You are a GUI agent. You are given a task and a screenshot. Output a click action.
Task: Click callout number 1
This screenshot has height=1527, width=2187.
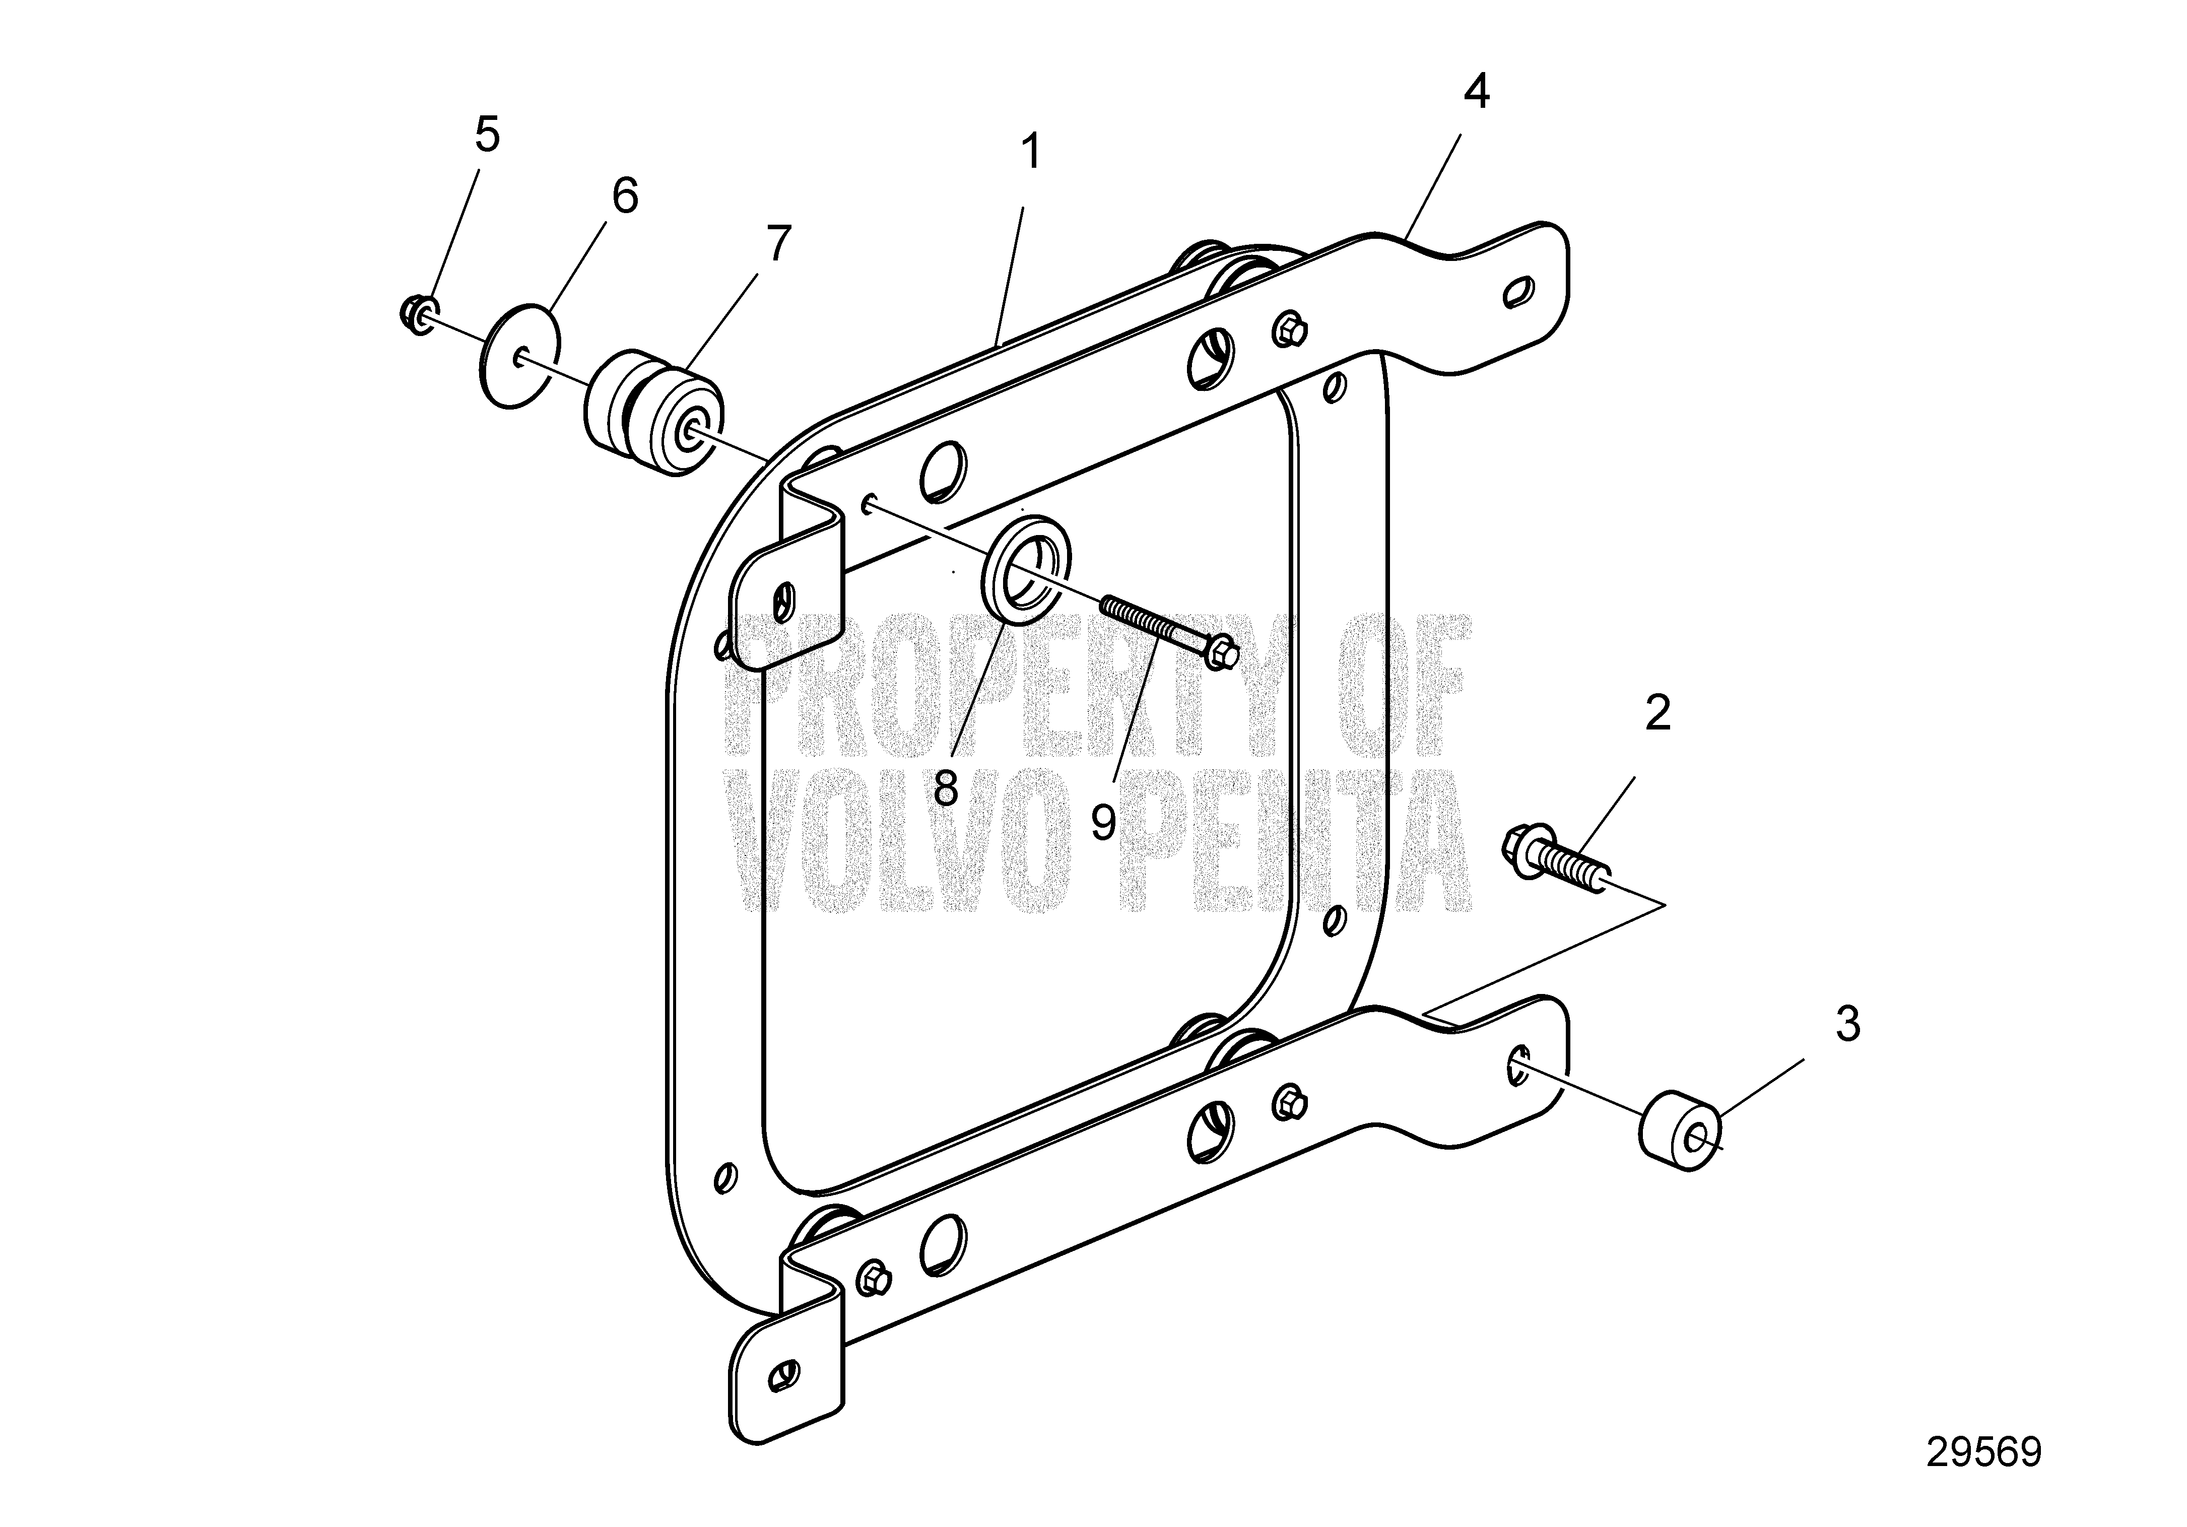(x=1031, y=153)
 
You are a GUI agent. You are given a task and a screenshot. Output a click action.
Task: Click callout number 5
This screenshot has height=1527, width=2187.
(x=487, y=135)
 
